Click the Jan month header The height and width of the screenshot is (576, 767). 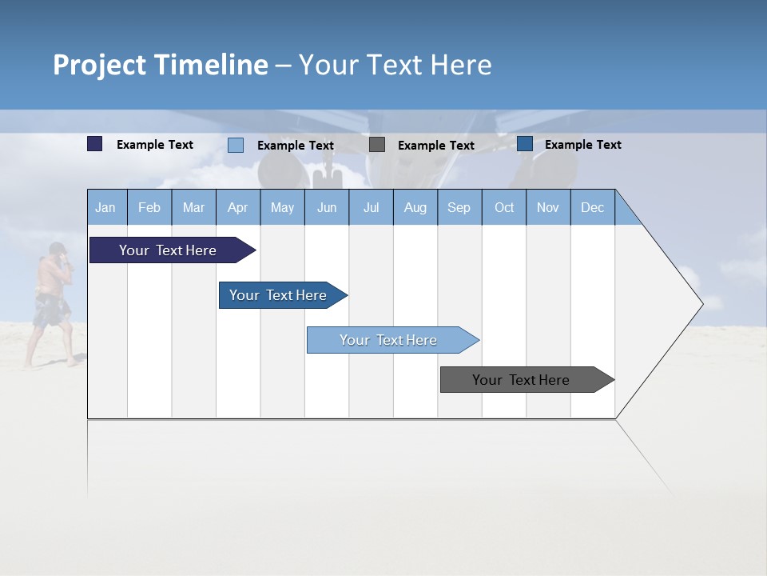(106, 207)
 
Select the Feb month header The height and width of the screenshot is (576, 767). (149, 207)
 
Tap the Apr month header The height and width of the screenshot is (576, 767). (237, 207)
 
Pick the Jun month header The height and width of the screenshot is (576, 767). (327, 207)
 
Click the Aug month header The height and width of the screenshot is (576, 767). (415, 207)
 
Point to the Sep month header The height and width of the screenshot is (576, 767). (459, 207)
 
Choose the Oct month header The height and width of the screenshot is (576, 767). (504, 207)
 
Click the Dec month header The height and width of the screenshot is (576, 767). (592, 207)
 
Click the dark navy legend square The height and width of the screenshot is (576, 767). (95, 144)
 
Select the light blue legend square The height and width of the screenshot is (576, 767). (236, 145)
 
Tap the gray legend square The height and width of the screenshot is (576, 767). (377, 145)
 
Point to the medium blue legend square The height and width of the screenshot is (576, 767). (525, 144)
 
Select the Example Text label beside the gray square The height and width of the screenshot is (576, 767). (435, 146)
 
